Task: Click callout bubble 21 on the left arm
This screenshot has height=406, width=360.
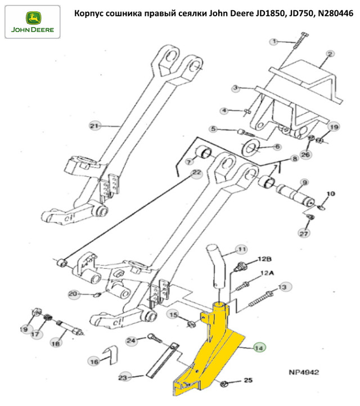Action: (x=94, y=125)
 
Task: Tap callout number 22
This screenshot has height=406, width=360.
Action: (x=196, y=174)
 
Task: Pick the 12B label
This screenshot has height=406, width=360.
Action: (x=264, y=259)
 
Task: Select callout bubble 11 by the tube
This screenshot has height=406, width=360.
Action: (x=241, y=249)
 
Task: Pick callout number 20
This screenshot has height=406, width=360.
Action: (x=73, y=293)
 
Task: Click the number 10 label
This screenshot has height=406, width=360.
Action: (x=330, y=194)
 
